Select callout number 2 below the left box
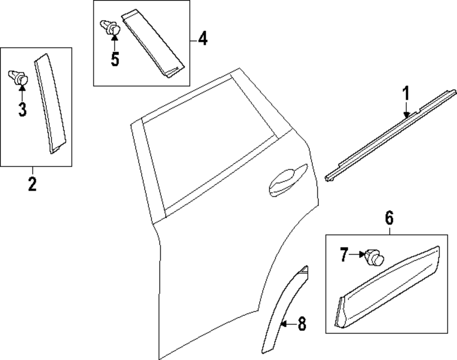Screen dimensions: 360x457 (32, 184)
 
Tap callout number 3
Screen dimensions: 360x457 (22, 110)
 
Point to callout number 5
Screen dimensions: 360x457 (115, 59)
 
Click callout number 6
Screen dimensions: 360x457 (389, 218)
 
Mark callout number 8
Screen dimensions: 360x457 (301, 324)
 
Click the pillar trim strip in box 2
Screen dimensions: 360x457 (50, 103)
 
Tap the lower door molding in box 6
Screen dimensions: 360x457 (388, 286)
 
